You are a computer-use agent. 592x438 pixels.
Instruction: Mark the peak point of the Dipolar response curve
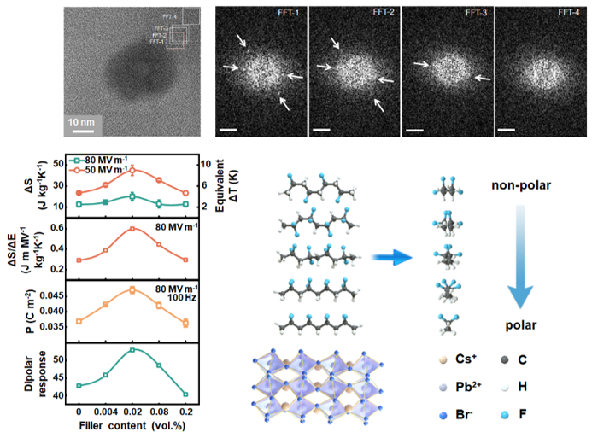click(132, 350)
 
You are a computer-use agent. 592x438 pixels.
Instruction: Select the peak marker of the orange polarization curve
click(132, 289)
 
